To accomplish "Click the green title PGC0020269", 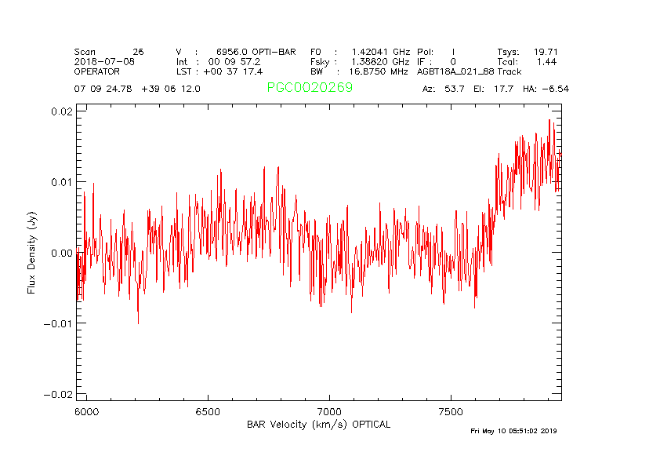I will pyautogui.click(x=310, y=87).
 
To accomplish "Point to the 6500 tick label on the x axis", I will pyautogui.click(x=208, y=411).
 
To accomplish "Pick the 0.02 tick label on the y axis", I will pyautogui.click(x=63, y=111).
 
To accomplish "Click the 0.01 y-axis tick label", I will pyautogui.click(x=63, y=182).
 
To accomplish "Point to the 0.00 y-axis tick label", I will pyautogui.click(x=63, y=253).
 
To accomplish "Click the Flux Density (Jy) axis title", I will pyautogui.click(x=32, y=252).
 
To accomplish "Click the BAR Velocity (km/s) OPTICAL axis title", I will pyautogui.click(x=318, y=425).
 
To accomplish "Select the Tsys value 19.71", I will pyautogui.click(x=546, y=51).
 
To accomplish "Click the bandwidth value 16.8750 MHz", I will pyautogui.click(x=379, y=71).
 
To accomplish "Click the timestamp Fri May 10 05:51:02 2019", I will pyautogui.click(x=513, y=431).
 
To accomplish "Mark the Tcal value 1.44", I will pyautogui.click(x=546, y=61).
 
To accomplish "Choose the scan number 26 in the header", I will pyautogui.click(x=139, y=51).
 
